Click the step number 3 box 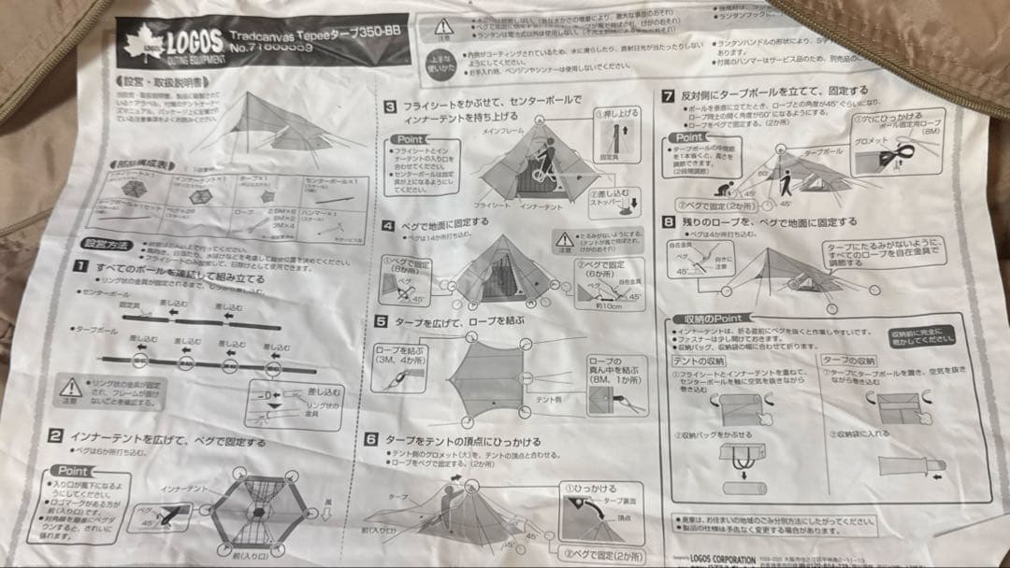pyautogui.click(x=390, y=106)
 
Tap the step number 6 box pyautogui.click(x=371, y=439)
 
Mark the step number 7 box pyautogui.click(x=668, y=95)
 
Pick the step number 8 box pyautogui.click(x=668, y=222)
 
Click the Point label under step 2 pyautogui.click(x=74, y=472)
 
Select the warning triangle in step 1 pyautogui.click(x=70, y=385)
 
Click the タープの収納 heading pyautogui.click(x=849, y=360)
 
